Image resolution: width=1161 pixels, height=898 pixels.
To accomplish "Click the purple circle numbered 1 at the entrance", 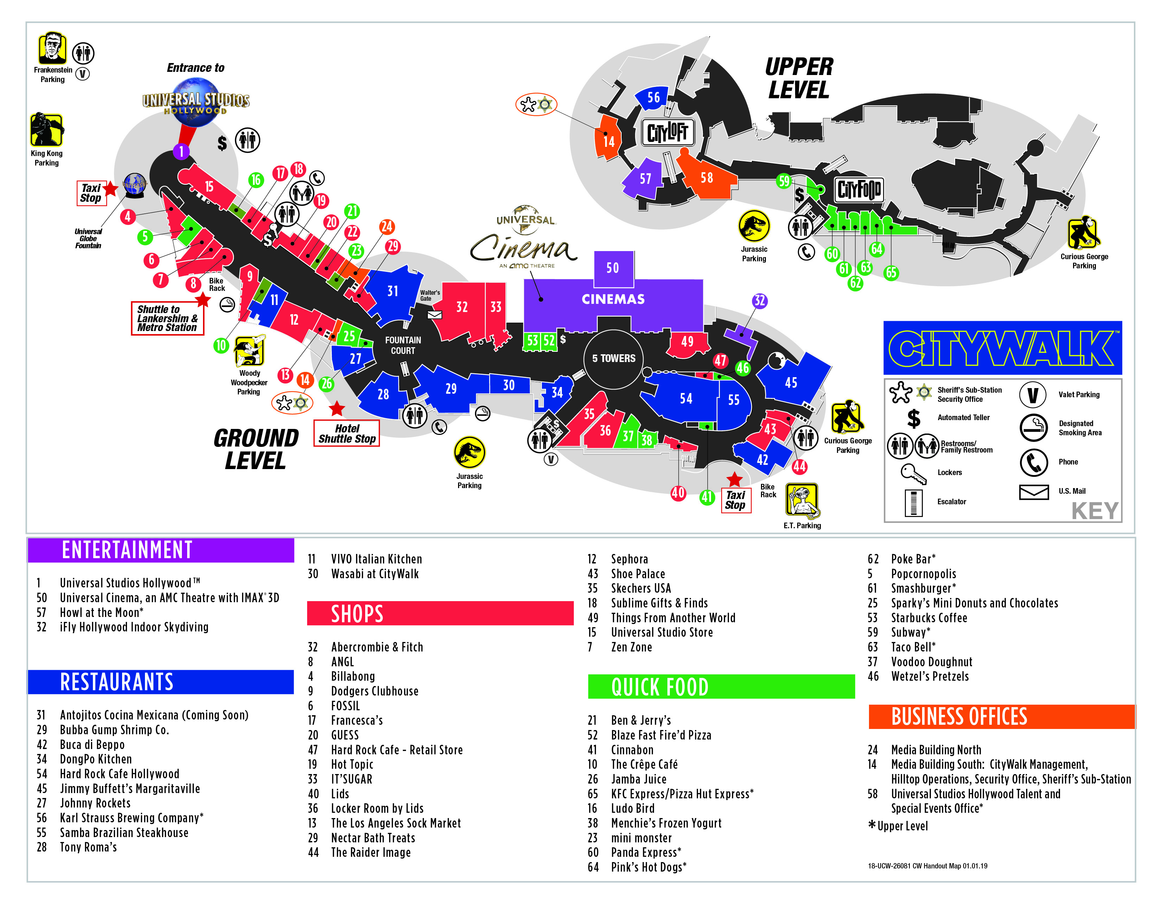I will [181, 152].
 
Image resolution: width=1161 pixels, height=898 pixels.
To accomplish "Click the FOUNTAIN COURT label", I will [403, 345].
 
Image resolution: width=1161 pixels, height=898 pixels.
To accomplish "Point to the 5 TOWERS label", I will [614, 358].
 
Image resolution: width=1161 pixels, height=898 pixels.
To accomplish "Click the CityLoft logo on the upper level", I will [668, 132].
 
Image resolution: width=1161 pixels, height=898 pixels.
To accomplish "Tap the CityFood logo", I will [859, 190].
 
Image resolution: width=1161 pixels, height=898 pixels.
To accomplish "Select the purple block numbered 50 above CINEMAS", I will [613, 268].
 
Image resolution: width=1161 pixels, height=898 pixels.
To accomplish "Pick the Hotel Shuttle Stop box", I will [347, 434].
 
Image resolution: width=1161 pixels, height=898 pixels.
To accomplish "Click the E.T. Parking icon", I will [802, 500].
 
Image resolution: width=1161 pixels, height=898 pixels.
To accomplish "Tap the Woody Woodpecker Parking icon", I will [249, 351].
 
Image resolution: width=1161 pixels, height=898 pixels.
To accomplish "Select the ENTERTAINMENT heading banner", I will [160, 550].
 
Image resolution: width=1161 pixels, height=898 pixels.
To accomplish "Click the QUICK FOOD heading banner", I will [721, 687].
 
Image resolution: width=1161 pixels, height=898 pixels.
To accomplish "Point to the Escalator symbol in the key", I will [913, 502].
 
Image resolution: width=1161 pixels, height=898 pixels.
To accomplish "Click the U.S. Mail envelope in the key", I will [1033, 492].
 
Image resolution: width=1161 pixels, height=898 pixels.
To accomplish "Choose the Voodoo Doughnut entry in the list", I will [931, 662].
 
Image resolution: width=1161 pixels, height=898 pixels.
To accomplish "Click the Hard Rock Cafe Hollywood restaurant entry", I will [119, 774].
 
